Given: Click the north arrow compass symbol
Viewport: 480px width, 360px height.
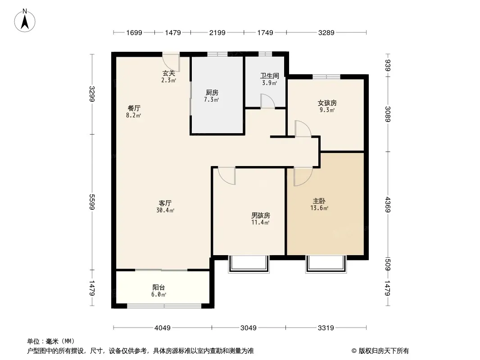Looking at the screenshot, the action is (x=25, y=21).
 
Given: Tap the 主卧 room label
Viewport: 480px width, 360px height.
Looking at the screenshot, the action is (x=319, y=201).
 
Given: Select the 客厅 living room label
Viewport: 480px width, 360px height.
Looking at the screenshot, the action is (x=165, y=203).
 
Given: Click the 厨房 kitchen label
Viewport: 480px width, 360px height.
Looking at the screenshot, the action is (x=212, y=92).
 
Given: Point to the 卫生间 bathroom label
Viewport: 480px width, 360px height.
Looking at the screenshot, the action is (x=269, y=76).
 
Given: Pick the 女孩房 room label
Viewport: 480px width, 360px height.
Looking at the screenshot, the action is (x=327, y=103).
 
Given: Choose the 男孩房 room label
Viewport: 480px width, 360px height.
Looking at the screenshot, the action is (x=261, y=216).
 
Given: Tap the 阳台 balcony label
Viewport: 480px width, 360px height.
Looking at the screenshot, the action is (x=158, y=288).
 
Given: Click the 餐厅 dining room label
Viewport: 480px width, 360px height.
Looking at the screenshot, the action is (x=134, y=108).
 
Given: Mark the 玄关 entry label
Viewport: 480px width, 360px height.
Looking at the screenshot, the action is (x=169, y=73).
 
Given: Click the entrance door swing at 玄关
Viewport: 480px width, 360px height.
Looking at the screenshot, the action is (x=171, y=63).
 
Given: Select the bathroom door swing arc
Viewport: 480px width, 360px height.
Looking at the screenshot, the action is (x=268, y=101).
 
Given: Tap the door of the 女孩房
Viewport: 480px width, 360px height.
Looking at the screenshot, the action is (x=303, y=128).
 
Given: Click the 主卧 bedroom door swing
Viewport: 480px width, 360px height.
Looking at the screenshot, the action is (x=303, y=176).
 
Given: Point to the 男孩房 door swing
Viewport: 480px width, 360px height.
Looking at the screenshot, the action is (x=226, y=176).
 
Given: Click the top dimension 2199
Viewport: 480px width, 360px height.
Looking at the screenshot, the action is (x=217, y=33).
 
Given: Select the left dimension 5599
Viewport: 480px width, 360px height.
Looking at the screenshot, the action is (x=92, y=202).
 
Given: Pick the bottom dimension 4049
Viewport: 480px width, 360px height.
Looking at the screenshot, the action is (x=162, y=328).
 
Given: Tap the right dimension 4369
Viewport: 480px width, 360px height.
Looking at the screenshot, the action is (x=388, y=205).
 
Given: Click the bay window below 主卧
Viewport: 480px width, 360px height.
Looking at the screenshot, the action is (x=326, y=264).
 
